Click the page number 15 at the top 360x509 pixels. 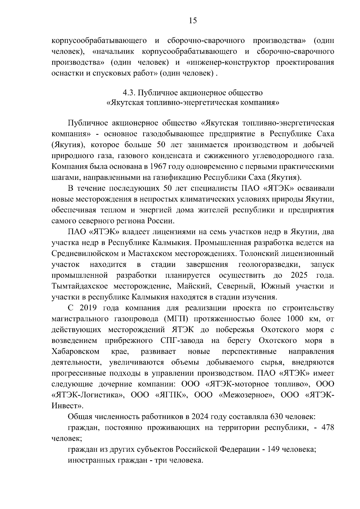click(193, 20)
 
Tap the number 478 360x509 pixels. click(328, 427)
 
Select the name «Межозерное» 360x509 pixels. click(246, 395)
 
